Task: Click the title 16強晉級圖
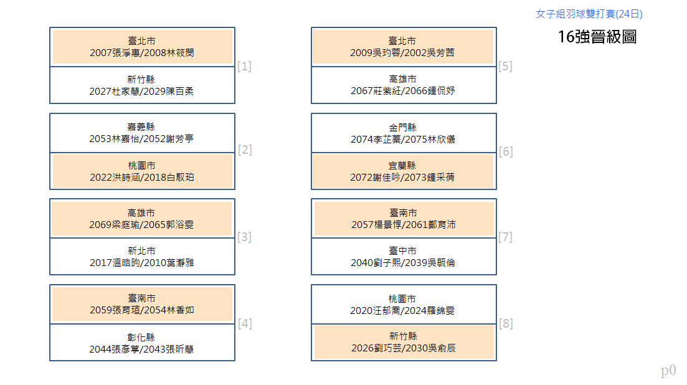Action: (x=597, y=37)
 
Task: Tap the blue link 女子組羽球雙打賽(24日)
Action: (x=589, y=14)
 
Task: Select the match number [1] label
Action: (x=244, y=66)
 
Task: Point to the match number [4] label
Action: (x=245, y=324)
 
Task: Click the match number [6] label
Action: (x=506, y=151)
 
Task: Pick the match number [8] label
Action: (x=506, y=324)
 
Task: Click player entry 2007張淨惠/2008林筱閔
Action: (x=142, y=53)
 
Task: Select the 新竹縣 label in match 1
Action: (x=141, y=79)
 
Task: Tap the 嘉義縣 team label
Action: (x=141, y=127)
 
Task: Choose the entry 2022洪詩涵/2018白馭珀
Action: (x=142, y=178)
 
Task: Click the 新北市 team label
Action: (x=141, y=251)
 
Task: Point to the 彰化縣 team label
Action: (x=141, y=337)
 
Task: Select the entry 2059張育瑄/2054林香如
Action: (x=142, y=310)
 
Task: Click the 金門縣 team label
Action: (x=402, y=128)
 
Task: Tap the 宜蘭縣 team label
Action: (x=402, y=166)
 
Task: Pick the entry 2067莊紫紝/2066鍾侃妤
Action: (x=402, y=91)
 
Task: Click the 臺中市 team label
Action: (x=402, y=251)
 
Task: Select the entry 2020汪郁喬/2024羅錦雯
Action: (x=402, y=310)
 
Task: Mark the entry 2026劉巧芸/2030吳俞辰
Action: (x=403, y=348)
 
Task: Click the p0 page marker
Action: (x=668, y=371)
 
